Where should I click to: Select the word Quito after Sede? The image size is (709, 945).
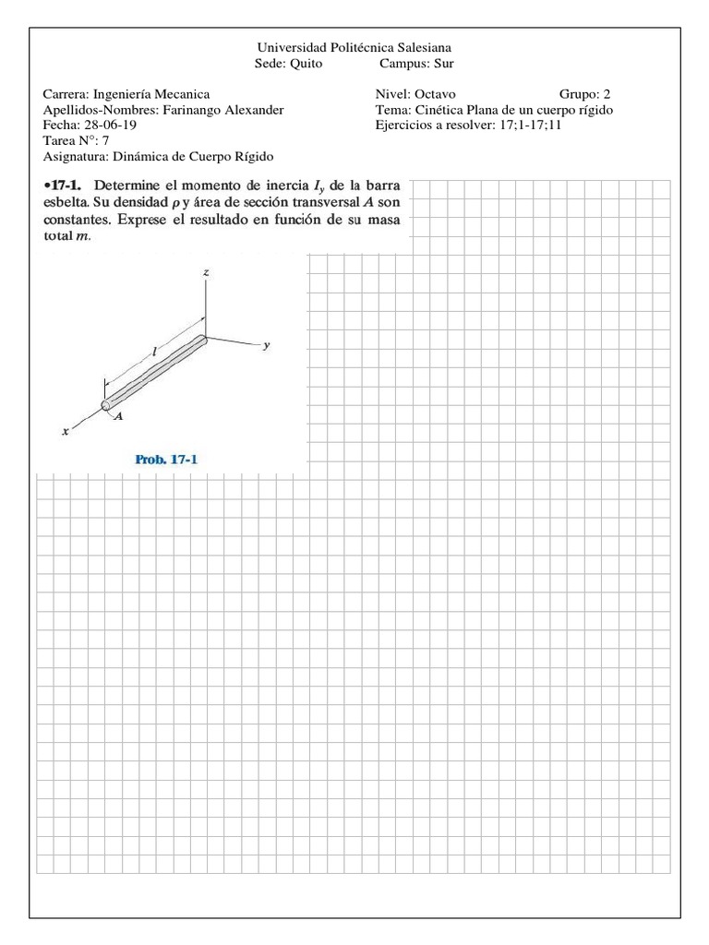(x=306, y=64)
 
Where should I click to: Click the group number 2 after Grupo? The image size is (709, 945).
(x=607, y=94)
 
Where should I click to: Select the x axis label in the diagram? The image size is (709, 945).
(x=66, y=431)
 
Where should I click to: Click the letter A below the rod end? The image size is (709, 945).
(x=120, y=417)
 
